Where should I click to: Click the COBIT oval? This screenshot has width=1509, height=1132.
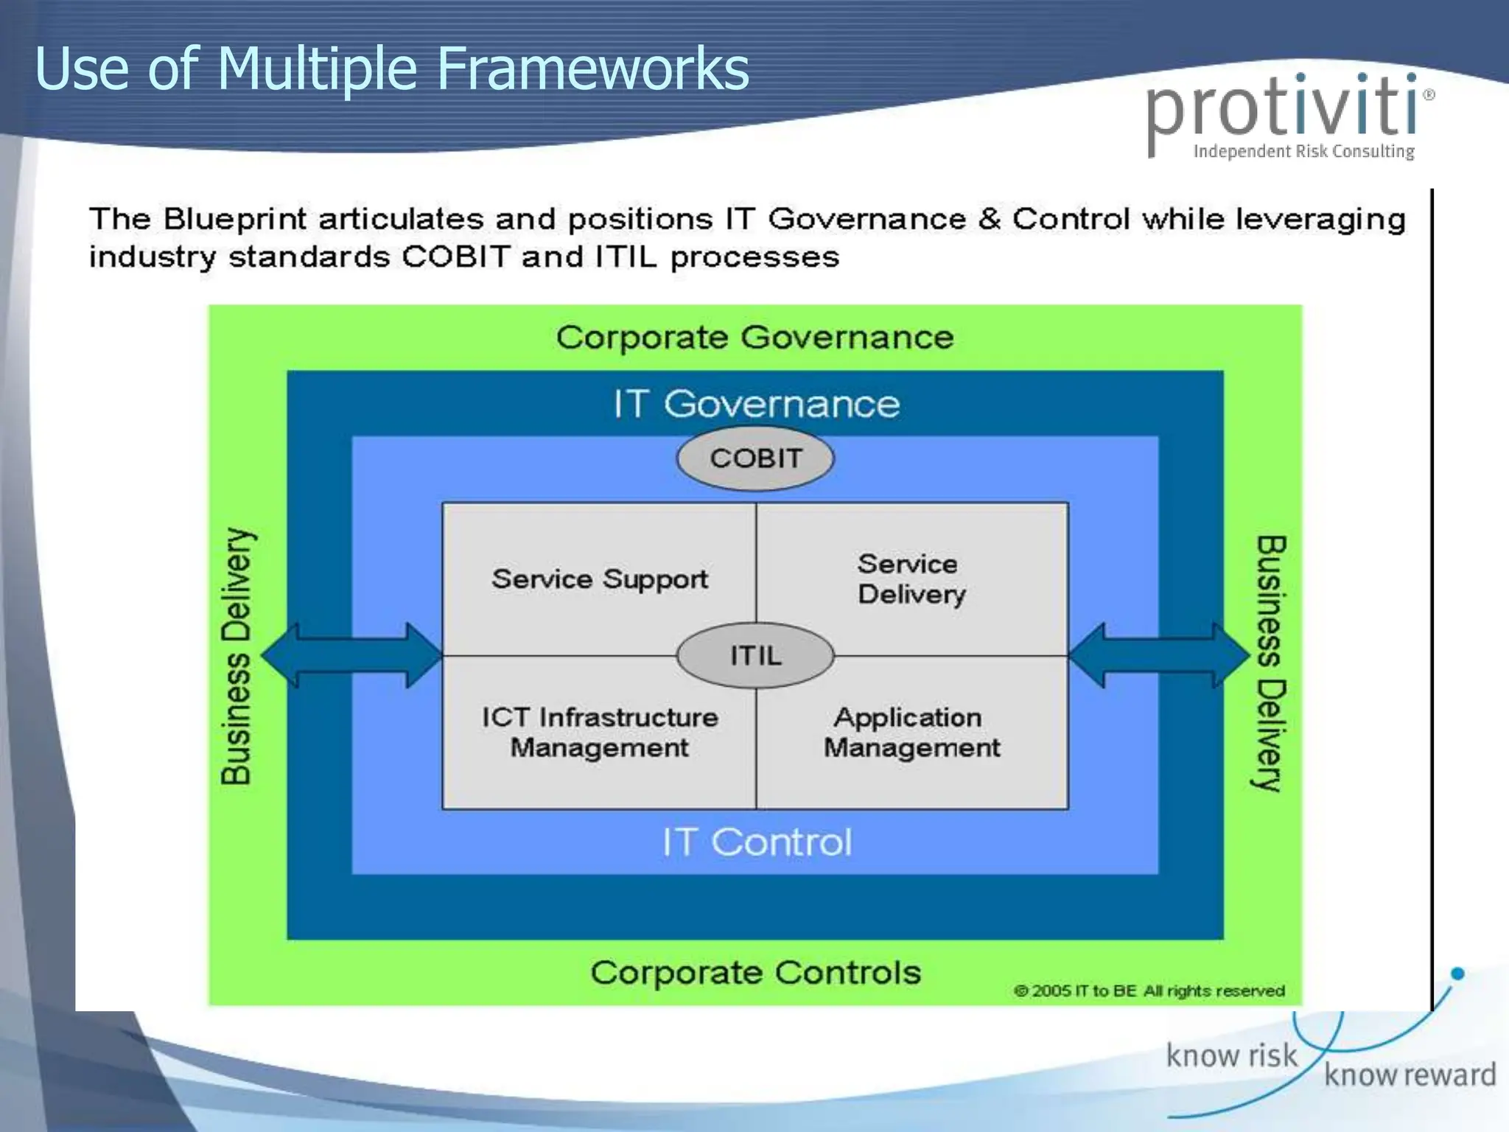755,458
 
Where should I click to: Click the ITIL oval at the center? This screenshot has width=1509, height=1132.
755,655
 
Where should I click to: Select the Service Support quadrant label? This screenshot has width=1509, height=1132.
599,579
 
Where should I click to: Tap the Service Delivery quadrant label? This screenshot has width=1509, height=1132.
911,579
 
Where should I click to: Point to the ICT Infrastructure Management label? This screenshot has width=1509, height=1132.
599,733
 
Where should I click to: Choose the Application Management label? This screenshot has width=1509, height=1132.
911,733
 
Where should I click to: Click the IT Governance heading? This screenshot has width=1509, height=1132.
757,404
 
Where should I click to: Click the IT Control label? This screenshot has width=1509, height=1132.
757,842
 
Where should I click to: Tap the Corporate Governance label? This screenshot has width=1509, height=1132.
754,338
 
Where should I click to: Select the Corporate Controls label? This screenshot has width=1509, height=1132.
755,973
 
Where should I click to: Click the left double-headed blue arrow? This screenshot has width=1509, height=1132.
352,655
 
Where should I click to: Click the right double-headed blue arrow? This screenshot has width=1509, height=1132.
1158,655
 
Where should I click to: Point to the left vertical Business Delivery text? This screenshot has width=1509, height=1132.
237,656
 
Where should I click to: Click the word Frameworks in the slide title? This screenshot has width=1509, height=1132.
593,69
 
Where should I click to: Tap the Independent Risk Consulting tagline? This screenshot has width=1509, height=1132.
1303,152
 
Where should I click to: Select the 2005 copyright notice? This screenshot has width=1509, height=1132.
1149,991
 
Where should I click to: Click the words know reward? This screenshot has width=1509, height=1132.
1410,1075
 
